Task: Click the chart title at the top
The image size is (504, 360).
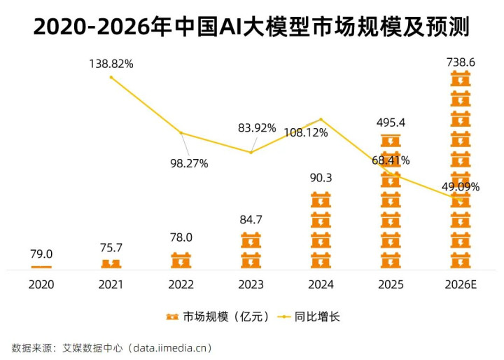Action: tap(251, 27)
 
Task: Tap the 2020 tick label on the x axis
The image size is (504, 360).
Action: tap(41, 285)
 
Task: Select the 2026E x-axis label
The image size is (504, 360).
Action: tap(461, 285)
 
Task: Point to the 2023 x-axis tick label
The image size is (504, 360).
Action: tap(251, 285)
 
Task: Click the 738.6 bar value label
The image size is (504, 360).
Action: tap(461, 63)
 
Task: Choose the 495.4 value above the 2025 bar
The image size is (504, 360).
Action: tap(391, 123)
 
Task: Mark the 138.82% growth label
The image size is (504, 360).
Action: tap(111, 64)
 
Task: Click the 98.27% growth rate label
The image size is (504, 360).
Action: tap(188, 163)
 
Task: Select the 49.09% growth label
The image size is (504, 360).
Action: tap(462, 186)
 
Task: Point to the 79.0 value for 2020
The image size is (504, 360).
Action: tap(41, 254)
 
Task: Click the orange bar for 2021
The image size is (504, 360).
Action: tap(111, 264)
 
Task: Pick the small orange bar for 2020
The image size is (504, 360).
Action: tap(41, 267)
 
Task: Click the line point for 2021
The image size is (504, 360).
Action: tap(111, 76)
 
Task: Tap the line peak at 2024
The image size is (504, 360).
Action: tap(321, 119)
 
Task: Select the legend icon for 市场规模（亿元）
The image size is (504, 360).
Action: tap(171, 317)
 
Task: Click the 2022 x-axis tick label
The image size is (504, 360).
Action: tap(181, 285)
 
